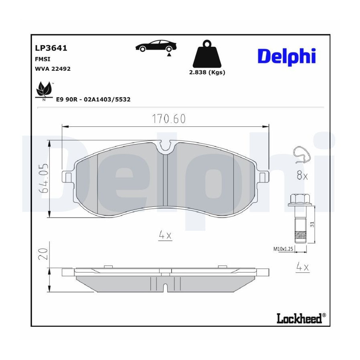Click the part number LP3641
coord(51,48)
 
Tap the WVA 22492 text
coord(52,69)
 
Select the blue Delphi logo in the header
coord(287,57)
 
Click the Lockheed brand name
coord(299,318)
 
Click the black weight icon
coord(207,54)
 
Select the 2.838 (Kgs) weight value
coord(207,72)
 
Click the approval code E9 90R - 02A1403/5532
coord(93,100)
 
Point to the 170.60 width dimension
coord(169,119)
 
